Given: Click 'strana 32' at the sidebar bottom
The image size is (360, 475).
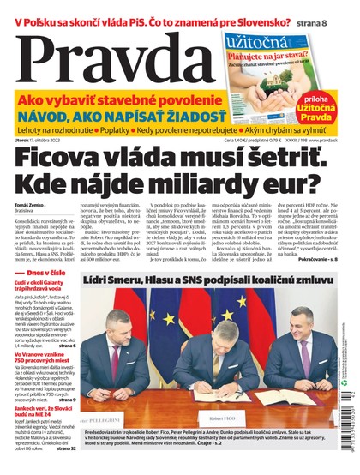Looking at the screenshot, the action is point(67,447).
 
